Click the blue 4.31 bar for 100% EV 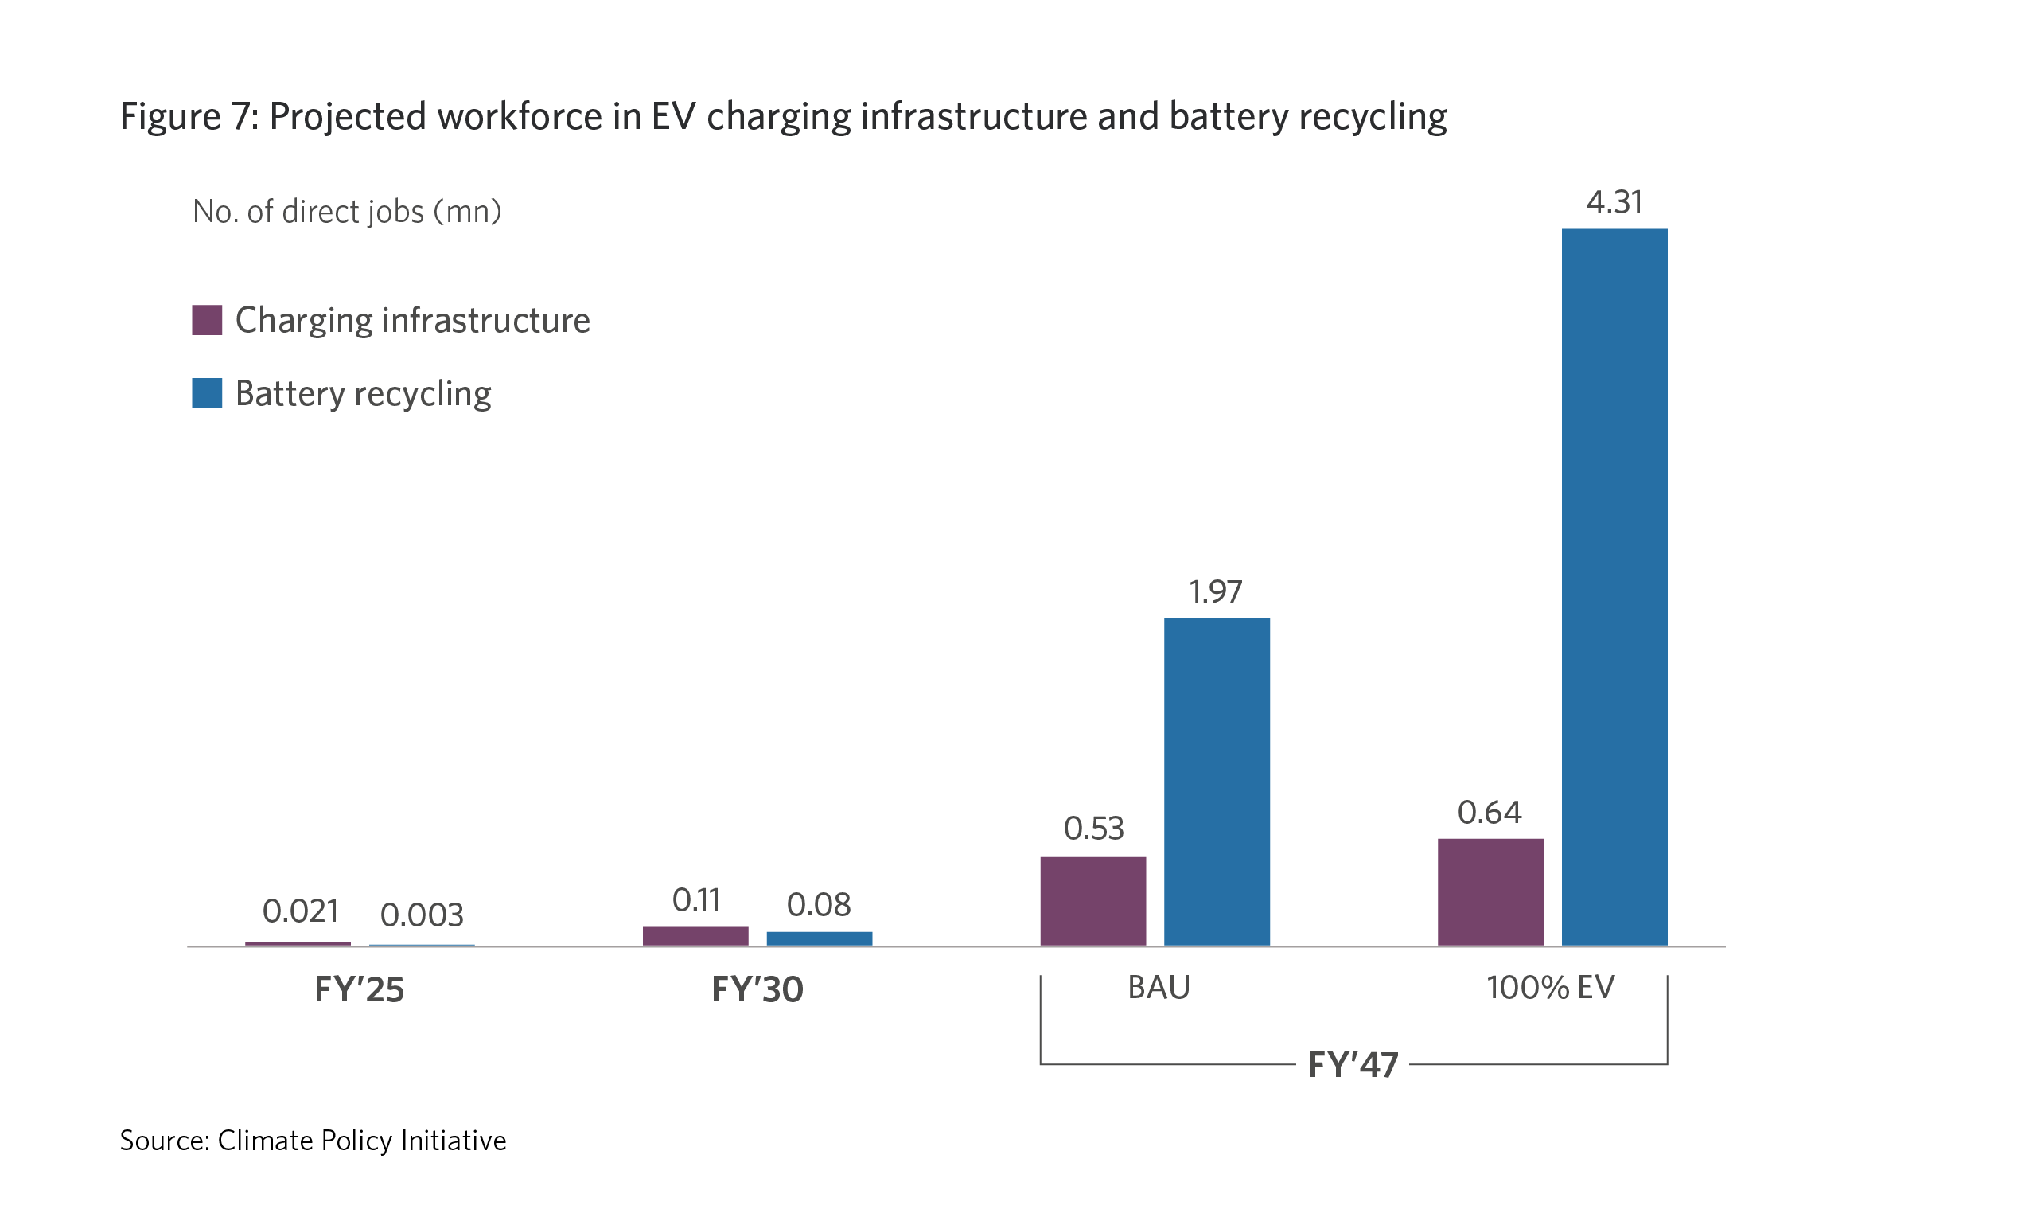(1614, 587)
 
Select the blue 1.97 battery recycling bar (1217, 781)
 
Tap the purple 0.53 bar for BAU (1092, 901)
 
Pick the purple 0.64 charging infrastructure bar (1490, 892)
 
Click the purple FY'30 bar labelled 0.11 (695, 936)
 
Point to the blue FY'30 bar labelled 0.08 (820, 938)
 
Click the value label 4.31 (1614, 202)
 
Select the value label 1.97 (1216, 591)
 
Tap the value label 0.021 (300, 911)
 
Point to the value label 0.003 (422, 915)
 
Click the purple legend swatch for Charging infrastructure (206, 320)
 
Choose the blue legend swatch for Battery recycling (206, 393)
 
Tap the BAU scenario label (1158, 987)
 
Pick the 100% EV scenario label (1550, 987)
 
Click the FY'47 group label (1353, 1065)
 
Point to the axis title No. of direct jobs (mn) (346, 213)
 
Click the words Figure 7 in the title (189, 117)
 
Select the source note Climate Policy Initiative (362, 1141)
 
